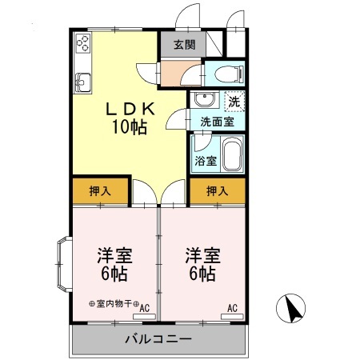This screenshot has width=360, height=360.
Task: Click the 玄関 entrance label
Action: tap(185, 45)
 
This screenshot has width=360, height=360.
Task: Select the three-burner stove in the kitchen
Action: tap(83, 43)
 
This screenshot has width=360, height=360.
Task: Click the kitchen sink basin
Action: tap(83, 82)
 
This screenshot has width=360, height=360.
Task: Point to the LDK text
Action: tap(130, 109)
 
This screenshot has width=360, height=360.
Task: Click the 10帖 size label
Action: tap(130, 127)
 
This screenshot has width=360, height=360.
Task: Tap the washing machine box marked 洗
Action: tap(234, 101)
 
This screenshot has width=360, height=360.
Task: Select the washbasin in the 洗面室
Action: tap(205, 99)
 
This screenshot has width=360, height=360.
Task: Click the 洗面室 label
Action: tap(217, 122)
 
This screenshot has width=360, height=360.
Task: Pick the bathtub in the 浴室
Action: tap(232, 154)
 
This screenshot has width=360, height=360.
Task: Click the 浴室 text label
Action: tap(206, 161)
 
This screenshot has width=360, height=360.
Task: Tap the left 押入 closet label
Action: tap(100, 191)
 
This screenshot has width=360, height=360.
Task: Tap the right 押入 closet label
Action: tap(218, 191)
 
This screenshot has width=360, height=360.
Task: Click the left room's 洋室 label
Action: tap(114, 255)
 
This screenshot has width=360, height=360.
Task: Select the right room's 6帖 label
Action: tap(202, 274)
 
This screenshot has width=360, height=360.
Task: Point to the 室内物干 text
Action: tap(114, 303)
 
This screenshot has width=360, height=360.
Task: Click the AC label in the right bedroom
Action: tap(232, 308)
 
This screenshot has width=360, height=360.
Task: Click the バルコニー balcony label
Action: tap(158, 339)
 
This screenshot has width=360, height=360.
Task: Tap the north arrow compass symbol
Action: tap(290, 308)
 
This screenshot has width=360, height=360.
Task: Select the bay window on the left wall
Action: tap(64, 264)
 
